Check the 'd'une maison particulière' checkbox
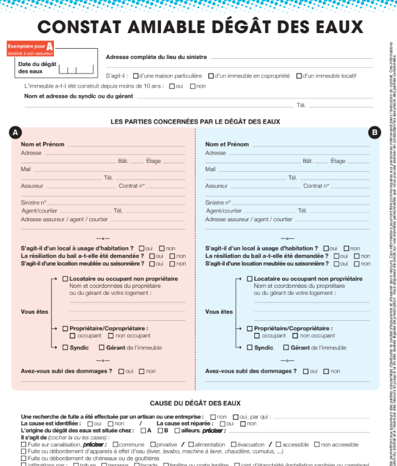coord(136,76)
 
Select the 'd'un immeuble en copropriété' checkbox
coord(212,76)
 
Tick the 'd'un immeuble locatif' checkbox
coord(299,76)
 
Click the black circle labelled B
coord(374,133)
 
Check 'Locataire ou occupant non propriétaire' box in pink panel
coord(65,279)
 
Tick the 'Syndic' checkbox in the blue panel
coord(249,347)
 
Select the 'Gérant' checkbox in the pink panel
coord(101,347)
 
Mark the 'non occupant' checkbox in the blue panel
coord(296,336)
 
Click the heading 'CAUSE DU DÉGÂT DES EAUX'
coord(195,403)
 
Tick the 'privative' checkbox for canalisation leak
coord(152,444)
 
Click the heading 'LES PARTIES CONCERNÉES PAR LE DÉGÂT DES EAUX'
coord(195,121)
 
